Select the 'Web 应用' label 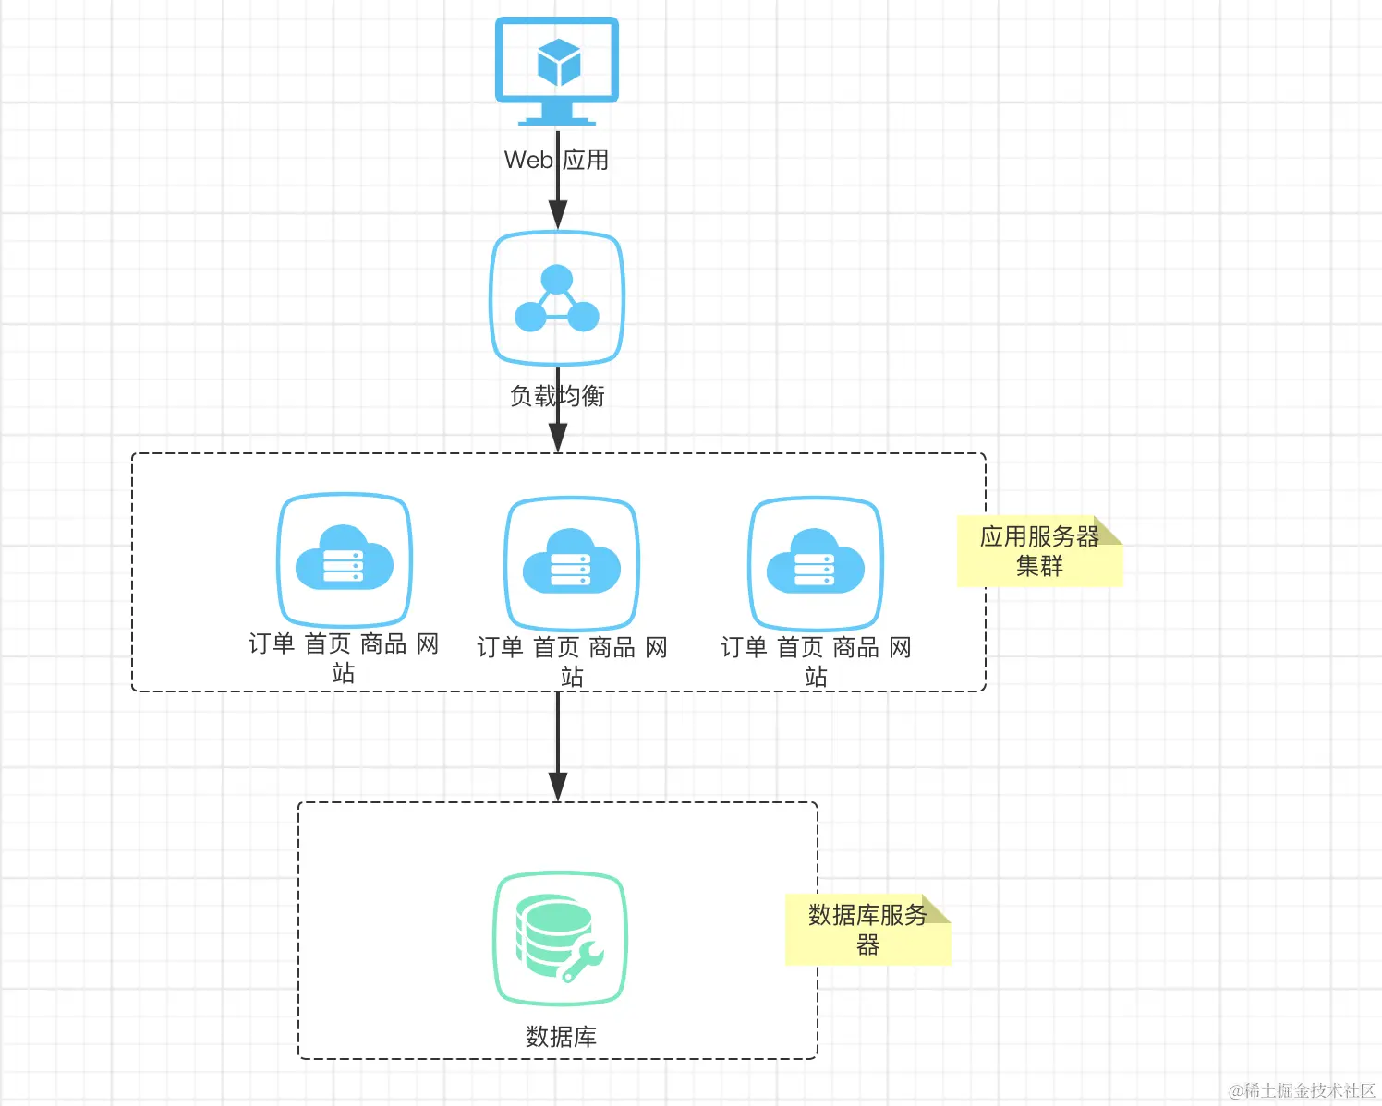click(x=556, y=160)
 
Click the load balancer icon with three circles click(x=557, y=298)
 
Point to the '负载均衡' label click(x=557, y=396)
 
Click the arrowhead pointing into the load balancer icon click(x=558, y=216)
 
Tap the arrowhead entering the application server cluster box click(x=558, y=438)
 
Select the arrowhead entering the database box click(x=558, y=787)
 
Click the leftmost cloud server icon click(x=345, y=560)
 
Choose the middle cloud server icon click(x=572, y=564)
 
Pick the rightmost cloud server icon click(x=816, y=564)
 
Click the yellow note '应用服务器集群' click(x=1039, y=551)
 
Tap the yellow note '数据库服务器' click(x=867, y=930)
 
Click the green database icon click(x=561, y=938)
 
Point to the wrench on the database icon click(x=583, y=960)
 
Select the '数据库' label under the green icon click(x=561, y=1037)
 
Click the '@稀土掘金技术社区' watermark click(x=1302, y=1090)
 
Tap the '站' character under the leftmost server click(x=344, y=673)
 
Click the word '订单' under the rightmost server click(x=744, y=647)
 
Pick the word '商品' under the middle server click(x=612, y=647)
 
